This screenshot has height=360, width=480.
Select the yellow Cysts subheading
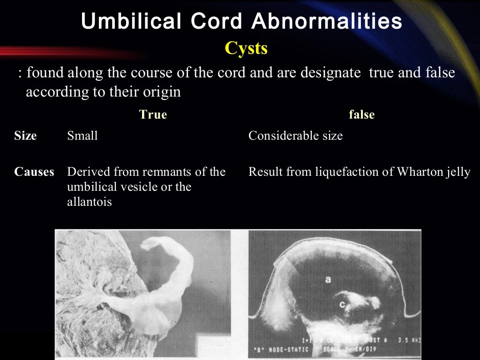(246, 48)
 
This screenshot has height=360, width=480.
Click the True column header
(153, 115)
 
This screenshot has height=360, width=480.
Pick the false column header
(361, 115)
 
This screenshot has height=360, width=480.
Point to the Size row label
(25, 136)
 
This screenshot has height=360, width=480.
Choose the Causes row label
(34, 172)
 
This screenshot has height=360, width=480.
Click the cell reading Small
(82, 136)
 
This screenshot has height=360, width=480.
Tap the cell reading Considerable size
(295, 136)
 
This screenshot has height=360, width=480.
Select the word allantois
(89, 202)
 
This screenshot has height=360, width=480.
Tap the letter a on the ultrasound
(328, 280)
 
